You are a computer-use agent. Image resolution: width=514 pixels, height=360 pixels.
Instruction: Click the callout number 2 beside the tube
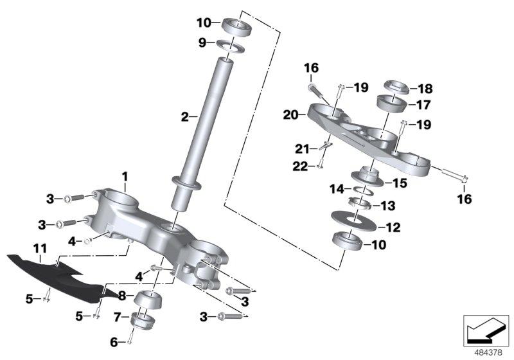point(184,117)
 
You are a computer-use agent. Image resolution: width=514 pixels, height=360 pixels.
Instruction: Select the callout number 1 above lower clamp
point(125,175)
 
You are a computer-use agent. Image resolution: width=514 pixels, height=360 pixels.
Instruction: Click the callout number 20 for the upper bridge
point(290,115)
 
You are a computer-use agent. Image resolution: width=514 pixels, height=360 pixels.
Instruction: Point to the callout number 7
point(117,316)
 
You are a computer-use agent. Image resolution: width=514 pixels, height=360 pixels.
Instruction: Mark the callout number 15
point(399,183)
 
